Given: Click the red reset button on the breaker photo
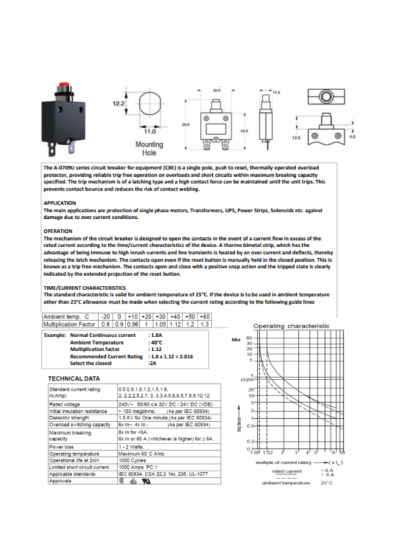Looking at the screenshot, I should pyautogui.click(x=64, y=86).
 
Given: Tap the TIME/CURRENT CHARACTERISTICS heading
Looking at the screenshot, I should pyautogui.click(x=84, y=288).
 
